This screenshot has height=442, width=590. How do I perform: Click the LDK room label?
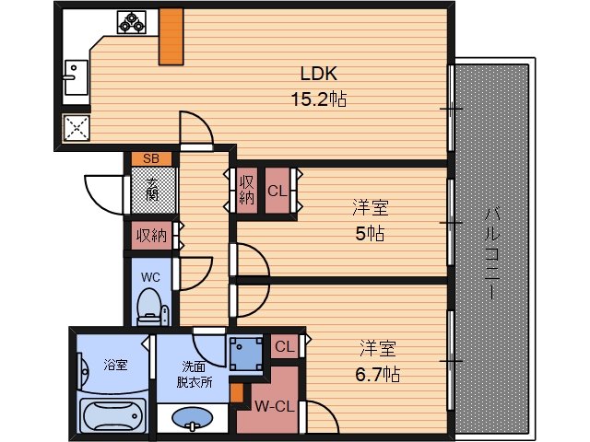(x=319, y=74)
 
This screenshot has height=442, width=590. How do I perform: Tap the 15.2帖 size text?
(x=319, y=99)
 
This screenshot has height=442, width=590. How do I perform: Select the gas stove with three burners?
(x=132, y=22)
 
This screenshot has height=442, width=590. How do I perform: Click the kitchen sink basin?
(x=77, y=77)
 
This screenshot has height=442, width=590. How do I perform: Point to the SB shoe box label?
(x=151, y=158)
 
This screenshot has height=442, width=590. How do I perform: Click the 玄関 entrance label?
(x=152, y=190)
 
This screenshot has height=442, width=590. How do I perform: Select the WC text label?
(x=150, y=277)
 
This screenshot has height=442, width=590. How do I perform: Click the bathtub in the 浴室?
(x=113, y=416)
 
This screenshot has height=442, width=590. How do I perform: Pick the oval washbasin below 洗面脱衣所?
(x=193, y=418)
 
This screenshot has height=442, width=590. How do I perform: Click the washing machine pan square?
(x=246, y=355)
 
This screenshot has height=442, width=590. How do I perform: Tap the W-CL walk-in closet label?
(x=275, y=406)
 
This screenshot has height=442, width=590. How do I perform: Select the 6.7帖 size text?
(x=377, y=375)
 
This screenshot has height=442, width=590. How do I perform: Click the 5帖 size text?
(x=370, y=234)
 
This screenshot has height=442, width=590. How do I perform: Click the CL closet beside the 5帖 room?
(x=277, y=191)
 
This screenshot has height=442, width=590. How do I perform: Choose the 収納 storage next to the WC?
(x=151, y=236)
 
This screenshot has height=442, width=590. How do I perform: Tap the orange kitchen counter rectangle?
(x=171, y=37)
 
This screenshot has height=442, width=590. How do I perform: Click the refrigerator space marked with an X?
(x=77, y=128)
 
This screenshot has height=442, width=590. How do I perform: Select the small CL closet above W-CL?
(x=285, y=346)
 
